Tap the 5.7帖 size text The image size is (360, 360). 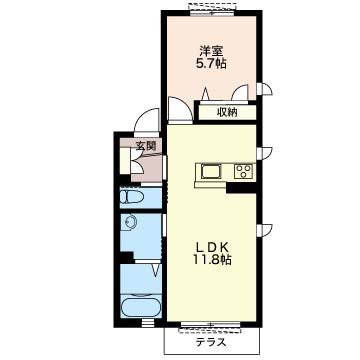point(211,63)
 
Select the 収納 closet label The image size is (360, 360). point(228,113)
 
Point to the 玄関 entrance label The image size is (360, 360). point(146,145)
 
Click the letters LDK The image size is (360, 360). point(211,248)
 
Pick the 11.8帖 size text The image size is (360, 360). point(211,260)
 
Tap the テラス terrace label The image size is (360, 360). point(211,342)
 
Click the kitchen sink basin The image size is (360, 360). point(211,172)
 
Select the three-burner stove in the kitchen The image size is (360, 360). point(243,171)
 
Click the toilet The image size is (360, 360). point(132,197)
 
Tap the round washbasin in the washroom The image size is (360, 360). point(129,221)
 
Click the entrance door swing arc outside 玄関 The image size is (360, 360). point(146,121)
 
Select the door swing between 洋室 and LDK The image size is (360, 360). point(181,109)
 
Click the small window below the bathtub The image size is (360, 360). point(148,322)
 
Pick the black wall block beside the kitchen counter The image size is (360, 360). point(241,188)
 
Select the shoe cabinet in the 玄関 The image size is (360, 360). point(125,161)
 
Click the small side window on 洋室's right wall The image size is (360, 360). point(260,88)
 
